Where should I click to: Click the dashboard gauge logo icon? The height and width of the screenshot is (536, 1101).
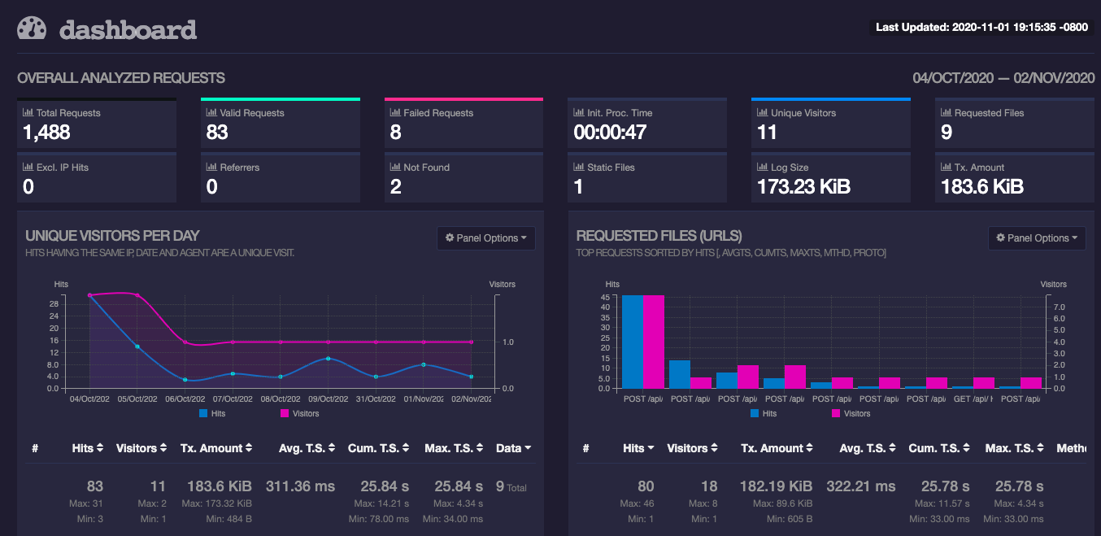tap(33, 28)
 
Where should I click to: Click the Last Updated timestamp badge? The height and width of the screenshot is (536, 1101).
tap(981, 28)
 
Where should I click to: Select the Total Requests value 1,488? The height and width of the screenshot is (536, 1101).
tap(46, 133)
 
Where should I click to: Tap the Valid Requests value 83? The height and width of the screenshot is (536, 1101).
tap(217, 133)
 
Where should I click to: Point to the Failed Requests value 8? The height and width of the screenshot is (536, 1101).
tap(396, 133)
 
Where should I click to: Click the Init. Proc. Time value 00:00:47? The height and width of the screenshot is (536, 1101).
tap(610, 133)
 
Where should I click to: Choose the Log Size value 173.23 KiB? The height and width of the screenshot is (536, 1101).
tap(803, 187)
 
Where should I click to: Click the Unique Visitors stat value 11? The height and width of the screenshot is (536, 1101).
tap(768, 133)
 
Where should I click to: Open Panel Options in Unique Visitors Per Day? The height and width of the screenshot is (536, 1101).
tap(486, 238)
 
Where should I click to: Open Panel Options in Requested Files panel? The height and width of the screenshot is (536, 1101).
tap(1037, 238)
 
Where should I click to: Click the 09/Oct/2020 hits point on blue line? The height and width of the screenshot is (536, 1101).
tap(328, 359)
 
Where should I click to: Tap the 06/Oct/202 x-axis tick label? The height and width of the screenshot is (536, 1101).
tap(185, 399)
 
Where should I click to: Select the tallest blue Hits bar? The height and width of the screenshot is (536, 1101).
tap(633, 342)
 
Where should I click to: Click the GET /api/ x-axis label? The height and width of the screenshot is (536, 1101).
tap(973, 399)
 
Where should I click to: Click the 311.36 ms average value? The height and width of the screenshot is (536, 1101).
tap(300, 486)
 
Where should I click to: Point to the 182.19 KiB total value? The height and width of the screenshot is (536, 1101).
tap(777, 486)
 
